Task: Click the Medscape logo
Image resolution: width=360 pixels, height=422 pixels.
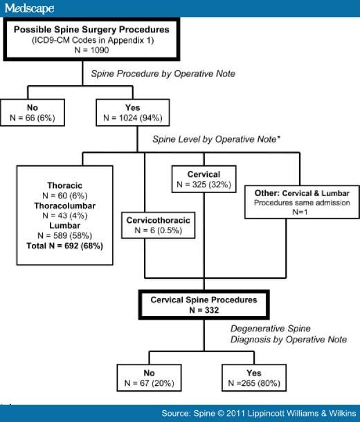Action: [29, 8]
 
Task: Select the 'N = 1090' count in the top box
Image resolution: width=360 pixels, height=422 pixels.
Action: [91, 50]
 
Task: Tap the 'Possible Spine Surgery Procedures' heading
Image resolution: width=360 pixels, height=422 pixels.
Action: [91, 30]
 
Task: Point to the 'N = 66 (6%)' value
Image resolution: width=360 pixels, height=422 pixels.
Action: [33, 118]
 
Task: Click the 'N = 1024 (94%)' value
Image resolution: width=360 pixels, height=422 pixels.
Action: [133, 118]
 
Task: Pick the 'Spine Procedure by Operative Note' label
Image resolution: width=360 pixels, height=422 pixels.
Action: [163, 74]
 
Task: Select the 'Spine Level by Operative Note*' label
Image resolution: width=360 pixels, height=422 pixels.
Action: [217, 140]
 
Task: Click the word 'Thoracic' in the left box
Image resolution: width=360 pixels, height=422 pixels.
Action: [64, 185]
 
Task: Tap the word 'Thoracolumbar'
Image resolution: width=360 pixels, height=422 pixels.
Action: [64, 205]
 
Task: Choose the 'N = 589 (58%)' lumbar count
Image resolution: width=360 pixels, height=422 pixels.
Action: [64, 236]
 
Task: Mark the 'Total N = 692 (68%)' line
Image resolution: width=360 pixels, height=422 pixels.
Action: [64, 246]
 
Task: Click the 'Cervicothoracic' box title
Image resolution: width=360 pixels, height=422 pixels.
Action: [159, 221]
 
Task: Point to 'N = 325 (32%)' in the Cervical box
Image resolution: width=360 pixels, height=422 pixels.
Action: [204, 185]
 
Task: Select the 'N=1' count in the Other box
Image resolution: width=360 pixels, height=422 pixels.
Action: [300, 212]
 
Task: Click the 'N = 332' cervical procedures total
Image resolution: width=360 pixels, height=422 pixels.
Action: [204, 310]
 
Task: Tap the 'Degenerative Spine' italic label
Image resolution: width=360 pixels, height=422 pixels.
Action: [270, 329]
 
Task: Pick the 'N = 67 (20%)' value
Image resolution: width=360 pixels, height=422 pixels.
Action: [149, 383]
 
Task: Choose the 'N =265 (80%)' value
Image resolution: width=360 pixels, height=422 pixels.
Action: [254, 383]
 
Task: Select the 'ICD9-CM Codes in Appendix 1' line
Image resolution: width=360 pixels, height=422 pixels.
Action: [93, 40]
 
